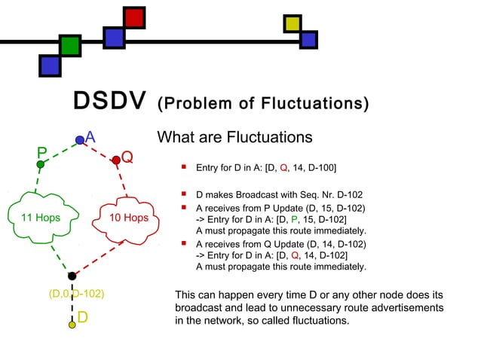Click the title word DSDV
pos(109,102)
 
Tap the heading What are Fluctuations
pos(234,138)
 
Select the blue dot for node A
pos(80,139)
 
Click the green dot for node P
pos(41,164)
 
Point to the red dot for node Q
pos(116,160)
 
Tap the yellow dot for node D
pos(72,325)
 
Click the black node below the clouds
pos(72,276)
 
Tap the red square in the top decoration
pos(134,17)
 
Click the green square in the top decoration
pos(70,46)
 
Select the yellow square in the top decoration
pos(292,24)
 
